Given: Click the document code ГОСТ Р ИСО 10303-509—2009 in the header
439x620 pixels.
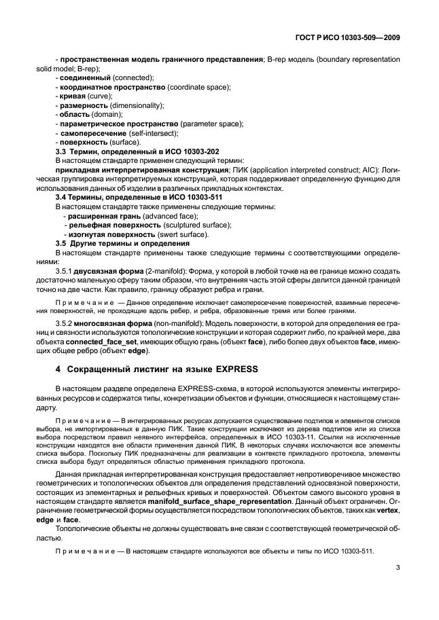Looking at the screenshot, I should click(x=349, y=39).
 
